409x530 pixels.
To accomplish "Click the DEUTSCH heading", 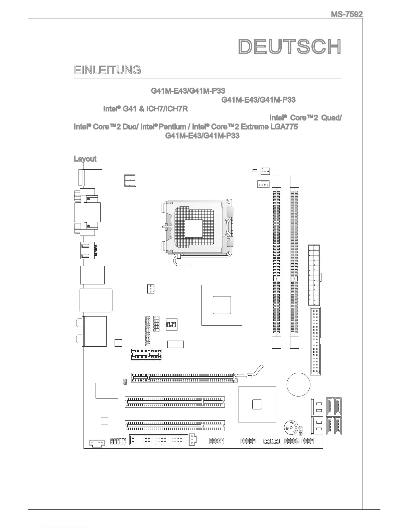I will pyautogui.click(x=290, y=47).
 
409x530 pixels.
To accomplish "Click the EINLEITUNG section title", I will pyautogui.click(x=107, y=70).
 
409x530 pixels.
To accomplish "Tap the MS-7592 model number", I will pyautogui.click(x=347, y=14).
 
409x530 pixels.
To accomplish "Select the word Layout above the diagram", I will pyautogui.click(x=85, y=159).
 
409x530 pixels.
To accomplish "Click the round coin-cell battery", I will pyautogui.click(x=298, y=384).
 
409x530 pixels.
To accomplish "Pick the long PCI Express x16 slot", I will pyautogui.click(x=184, y=377).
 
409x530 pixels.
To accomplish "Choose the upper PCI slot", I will pyautogui.click(x=175, y=402).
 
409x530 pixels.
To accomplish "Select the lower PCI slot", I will pyautogui.click(x=175, y=426).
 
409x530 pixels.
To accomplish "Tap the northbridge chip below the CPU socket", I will pyautogui.click(x=222, y=305).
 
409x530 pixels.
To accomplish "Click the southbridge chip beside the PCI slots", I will pyautogui.click(x=257, y=404).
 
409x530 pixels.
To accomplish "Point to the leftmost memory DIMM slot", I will pyautogui.click(x=276, y=262).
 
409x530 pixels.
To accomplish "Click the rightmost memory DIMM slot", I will pyautogui.click(x=294, y=262).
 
